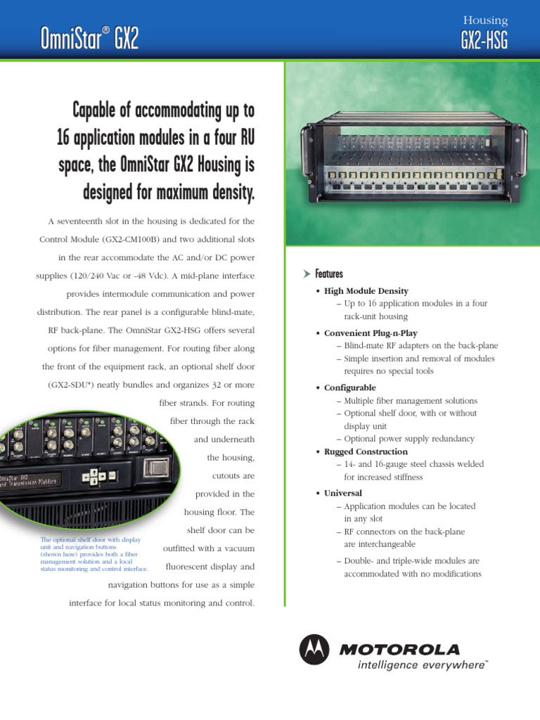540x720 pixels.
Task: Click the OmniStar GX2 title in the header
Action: [89, 39]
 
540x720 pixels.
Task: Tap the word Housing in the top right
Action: [485, 21]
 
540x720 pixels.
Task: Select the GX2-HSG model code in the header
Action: [484, 41]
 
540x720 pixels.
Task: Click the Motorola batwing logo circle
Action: [314, 649]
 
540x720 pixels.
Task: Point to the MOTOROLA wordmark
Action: [399, 649]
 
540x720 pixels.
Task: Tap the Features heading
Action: [329, 274]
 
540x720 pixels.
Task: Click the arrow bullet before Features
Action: [306, 274]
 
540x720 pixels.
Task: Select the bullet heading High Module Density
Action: [366, 291]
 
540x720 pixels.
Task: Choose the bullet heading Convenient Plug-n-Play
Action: [371, 333]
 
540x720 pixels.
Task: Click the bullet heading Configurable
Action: [349, 388]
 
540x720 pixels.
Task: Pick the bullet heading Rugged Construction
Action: [366, 451]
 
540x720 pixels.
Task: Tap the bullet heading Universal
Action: [343, 494]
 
